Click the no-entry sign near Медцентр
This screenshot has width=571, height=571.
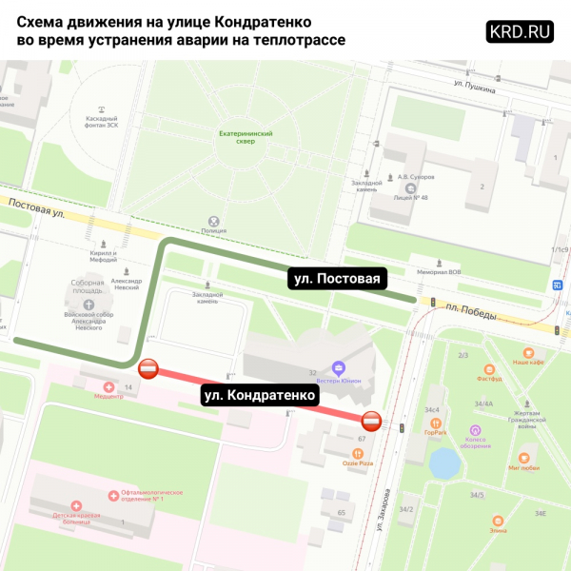[148, 369]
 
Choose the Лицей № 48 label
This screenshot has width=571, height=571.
[410, 198]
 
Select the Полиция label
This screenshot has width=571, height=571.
[215, 229]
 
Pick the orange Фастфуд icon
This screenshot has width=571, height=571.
[489, 369]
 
